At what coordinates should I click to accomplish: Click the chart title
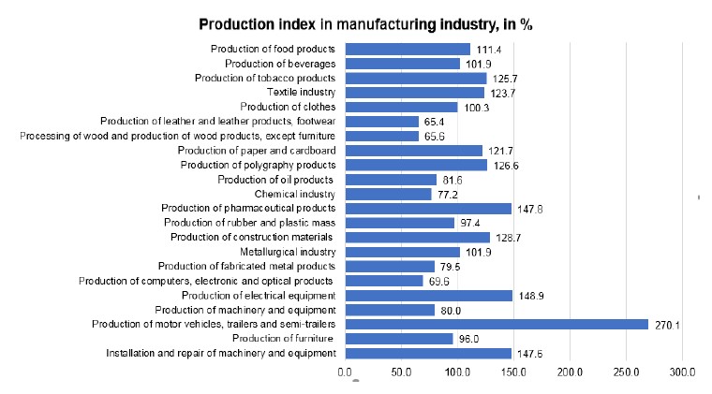point(365,23)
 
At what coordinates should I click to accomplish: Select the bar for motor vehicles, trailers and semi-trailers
point(496,325)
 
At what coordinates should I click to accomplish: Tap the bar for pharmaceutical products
point(427,209)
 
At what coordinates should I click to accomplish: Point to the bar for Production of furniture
point(398,339)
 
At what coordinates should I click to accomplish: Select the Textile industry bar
point(413,93)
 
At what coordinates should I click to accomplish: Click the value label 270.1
point(666,325)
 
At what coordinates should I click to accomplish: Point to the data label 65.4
point(434,122)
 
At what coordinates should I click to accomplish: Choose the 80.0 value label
point(451,310)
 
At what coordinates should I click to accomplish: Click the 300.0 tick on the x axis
point(682,372)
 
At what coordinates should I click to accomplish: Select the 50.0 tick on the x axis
point(400,372)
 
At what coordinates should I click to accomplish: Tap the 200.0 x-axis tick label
point(570,372)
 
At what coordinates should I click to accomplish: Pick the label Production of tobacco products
point(265,78)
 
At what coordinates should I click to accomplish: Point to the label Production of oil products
point(276,180)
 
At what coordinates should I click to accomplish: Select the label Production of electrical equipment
point(259,296)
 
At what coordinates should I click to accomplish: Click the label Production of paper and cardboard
point(256,151)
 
